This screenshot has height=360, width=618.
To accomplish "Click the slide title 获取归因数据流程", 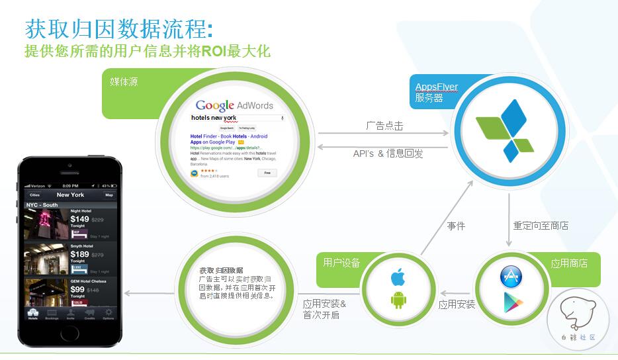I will [118, 30].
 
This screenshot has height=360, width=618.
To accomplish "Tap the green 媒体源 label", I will [124, 82].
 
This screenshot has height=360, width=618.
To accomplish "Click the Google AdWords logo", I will [234, 105].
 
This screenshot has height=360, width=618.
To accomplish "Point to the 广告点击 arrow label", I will [384, 126].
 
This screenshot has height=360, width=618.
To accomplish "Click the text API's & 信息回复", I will [388, 154].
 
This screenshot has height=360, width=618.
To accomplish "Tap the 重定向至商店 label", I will [541, 226].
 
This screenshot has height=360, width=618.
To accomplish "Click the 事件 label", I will [456, 226].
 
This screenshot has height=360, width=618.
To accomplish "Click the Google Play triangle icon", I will [511, 304].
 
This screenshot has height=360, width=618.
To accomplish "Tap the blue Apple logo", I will [397, 277].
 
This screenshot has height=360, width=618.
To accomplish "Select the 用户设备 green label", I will [341, 263].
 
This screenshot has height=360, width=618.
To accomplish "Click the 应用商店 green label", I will [568, 263].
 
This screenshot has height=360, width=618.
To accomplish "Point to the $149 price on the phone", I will [79, 219].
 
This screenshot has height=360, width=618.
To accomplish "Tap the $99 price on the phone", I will [77, 289].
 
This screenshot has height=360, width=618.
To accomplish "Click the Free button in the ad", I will [267, 173].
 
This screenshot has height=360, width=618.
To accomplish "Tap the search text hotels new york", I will [213, 118].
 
